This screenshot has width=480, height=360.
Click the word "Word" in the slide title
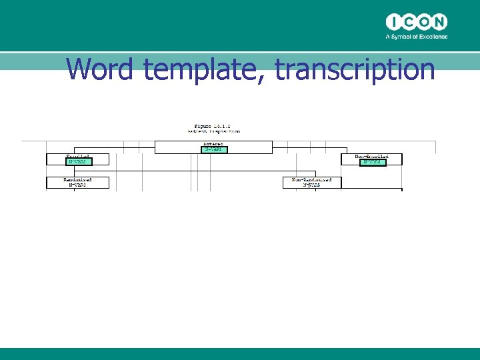click(x=100, y=69)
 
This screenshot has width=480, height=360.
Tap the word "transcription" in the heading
click(x=355, y=70)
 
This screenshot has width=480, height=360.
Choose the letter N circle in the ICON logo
click(x=439, y=21)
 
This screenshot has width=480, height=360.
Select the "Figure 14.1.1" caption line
click(x=213, y=125)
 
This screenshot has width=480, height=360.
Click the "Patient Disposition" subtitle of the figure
click(x=213, y=131)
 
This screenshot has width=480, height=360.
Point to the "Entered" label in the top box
click(x=213, y=143)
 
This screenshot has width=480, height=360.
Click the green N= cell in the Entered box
click(x=213, y=149)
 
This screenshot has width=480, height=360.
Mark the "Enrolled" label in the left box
click(x=78, y=156)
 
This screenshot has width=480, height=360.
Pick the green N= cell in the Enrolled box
click(x=78, y=161)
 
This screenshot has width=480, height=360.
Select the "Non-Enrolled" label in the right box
click(x=371, y=156)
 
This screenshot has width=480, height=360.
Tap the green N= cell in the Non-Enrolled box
click(x=371, y=161)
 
